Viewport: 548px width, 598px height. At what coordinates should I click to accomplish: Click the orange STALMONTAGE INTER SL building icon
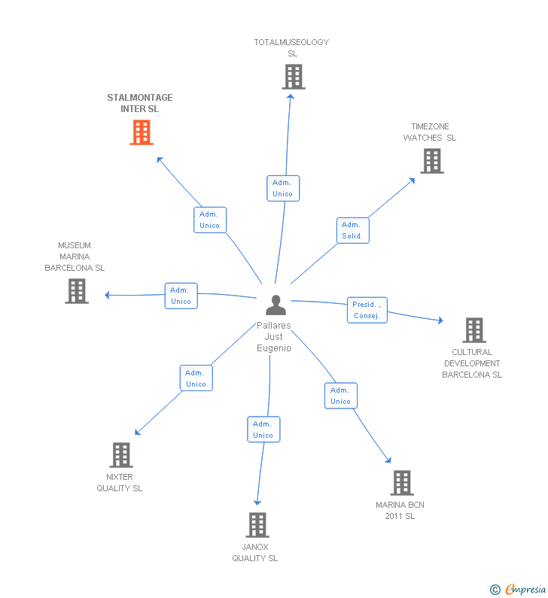142,132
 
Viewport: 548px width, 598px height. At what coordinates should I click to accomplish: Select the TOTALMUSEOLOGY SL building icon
294,77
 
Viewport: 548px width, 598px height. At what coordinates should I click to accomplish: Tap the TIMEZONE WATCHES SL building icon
431,161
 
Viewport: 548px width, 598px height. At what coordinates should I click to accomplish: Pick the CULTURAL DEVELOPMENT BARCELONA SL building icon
473,330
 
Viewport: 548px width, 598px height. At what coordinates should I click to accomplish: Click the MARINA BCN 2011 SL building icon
402,483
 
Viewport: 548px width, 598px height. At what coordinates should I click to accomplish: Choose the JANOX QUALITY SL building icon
257,525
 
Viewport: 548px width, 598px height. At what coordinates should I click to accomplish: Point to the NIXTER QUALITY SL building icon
121,455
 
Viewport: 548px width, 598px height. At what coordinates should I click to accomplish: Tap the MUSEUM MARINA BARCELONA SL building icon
77,291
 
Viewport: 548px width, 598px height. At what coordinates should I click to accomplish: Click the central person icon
276,305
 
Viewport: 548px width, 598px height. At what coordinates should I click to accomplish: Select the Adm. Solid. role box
352,230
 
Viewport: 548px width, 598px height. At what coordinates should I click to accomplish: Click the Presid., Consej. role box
367,310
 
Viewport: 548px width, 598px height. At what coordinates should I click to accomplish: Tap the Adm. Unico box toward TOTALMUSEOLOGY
283,188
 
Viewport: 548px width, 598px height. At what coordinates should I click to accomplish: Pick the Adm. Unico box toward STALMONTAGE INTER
210,220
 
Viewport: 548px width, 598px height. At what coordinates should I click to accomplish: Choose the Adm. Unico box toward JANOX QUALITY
263,430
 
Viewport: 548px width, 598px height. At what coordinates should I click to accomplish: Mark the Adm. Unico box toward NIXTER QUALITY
196,378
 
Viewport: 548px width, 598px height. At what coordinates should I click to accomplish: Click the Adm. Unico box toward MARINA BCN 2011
340,396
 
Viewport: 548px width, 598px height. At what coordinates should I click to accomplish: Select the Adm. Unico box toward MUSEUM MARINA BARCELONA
181,296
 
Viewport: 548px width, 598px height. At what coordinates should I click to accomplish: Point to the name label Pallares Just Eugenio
273,337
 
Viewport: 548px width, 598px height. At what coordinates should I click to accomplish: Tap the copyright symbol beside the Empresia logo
495,590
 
